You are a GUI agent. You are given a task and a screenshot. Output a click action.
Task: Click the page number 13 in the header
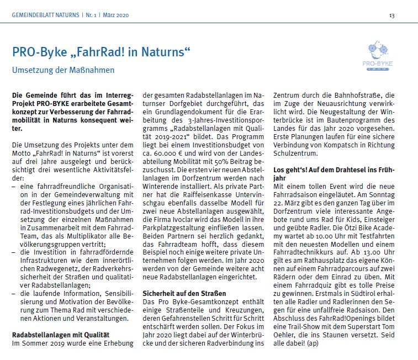click(x=391, y=15)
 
